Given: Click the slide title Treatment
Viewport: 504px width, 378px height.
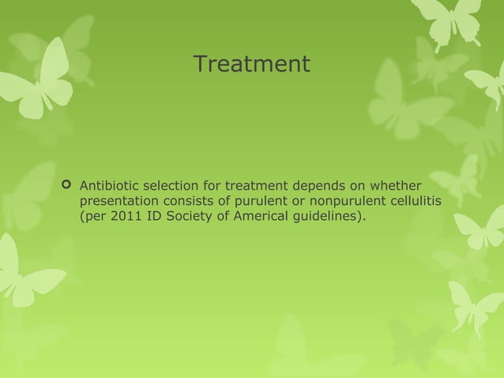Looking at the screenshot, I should [x=252, y=64].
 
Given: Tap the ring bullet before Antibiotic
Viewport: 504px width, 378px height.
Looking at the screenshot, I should [x=66, y=185].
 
